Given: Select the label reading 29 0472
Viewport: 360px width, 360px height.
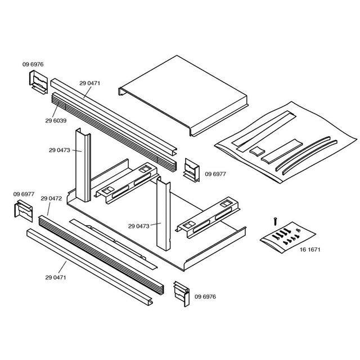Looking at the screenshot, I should [x=51, y=199].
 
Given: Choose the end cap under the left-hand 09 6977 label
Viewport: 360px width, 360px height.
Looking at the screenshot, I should [x=24, y=211].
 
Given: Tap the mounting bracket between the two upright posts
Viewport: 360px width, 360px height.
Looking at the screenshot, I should [x=127, y=180].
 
